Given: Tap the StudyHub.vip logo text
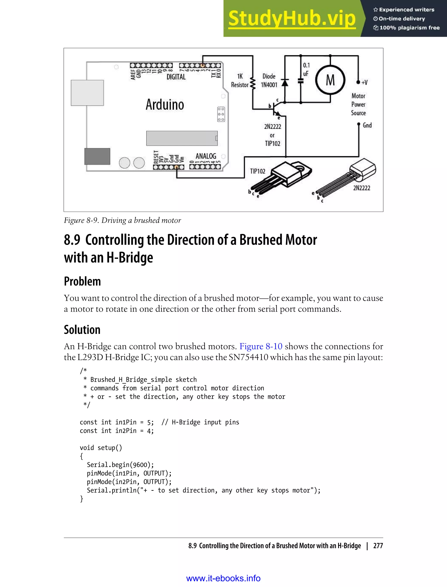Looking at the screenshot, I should click(292, 19).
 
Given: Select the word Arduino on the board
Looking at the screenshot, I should click(165, 105).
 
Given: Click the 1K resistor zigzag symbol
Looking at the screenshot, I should click(253, 83).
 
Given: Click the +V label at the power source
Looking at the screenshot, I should click(364, 83).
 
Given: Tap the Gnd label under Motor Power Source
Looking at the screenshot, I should click(367, 125).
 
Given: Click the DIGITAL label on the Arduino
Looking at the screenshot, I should click(176, 77).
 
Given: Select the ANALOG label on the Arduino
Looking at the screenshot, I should click(206, 156).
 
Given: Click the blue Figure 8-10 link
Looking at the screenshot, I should click(261, 346).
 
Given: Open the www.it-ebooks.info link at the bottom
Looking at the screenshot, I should click(223, 578).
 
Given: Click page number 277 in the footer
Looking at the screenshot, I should click(378, 546).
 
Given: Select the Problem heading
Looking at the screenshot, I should click(82, 281).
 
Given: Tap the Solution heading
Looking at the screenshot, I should click(82, 330).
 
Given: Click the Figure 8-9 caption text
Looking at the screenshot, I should click(122, 220).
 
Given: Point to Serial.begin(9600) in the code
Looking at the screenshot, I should click(120, 465).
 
